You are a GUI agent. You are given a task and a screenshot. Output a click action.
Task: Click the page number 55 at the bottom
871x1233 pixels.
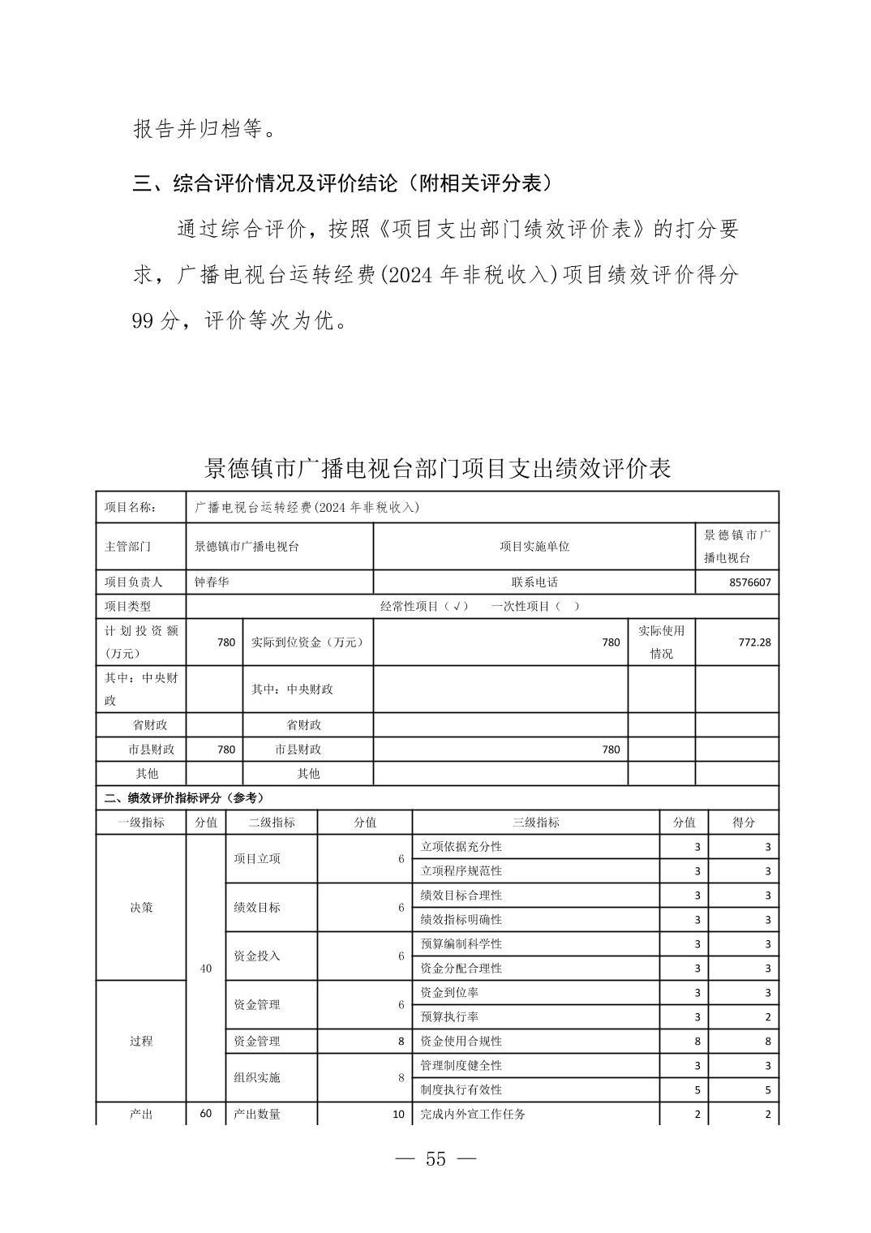435,1159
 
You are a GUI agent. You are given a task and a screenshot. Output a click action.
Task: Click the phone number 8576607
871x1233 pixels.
749,582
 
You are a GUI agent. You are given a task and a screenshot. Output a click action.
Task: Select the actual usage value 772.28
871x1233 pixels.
754,642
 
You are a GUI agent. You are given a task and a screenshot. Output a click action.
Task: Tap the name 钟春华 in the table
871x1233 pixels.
212,582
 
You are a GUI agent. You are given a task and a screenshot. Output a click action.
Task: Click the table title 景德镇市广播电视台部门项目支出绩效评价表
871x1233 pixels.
438,469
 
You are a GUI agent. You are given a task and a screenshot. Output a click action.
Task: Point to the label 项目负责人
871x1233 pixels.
134,582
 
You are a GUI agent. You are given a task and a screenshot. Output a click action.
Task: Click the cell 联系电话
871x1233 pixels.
534,582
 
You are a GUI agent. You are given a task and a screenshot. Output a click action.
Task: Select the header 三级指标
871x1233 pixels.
535,823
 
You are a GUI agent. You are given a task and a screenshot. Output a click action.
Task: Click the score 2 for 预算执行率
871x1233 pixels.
766,1017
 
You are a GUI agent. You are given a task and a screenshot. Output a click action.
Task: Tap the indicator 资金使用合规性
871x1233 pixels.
461,1042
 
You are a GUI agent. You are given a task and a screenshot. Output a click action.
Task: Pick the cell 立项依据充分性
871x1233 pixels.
461,847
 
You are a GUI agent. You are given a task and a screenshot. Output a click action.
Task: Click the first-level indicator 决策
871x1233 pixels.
141,908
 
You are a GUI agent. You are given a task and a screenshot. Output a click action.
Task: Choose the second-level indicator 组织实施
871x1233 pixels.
257,1078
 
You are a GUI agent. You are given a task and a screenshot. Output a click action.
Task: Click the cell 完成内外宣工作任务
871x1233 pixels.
473,1115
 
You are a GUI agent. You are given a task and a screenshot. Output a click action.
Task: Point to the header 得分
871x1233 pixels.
743,823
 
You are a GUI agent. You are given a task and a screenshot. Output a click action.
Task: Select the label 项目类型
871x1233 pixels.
128,607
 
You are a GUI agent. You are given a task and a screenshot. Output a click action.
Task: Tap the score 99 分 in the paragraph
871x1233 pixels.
154,321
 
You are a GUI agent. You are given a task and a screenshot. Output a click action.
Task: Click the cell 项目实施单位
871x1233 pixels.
534,547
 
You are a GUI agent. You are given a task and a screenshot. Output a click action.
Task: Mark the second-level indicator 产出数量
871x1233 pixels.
257,1115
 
